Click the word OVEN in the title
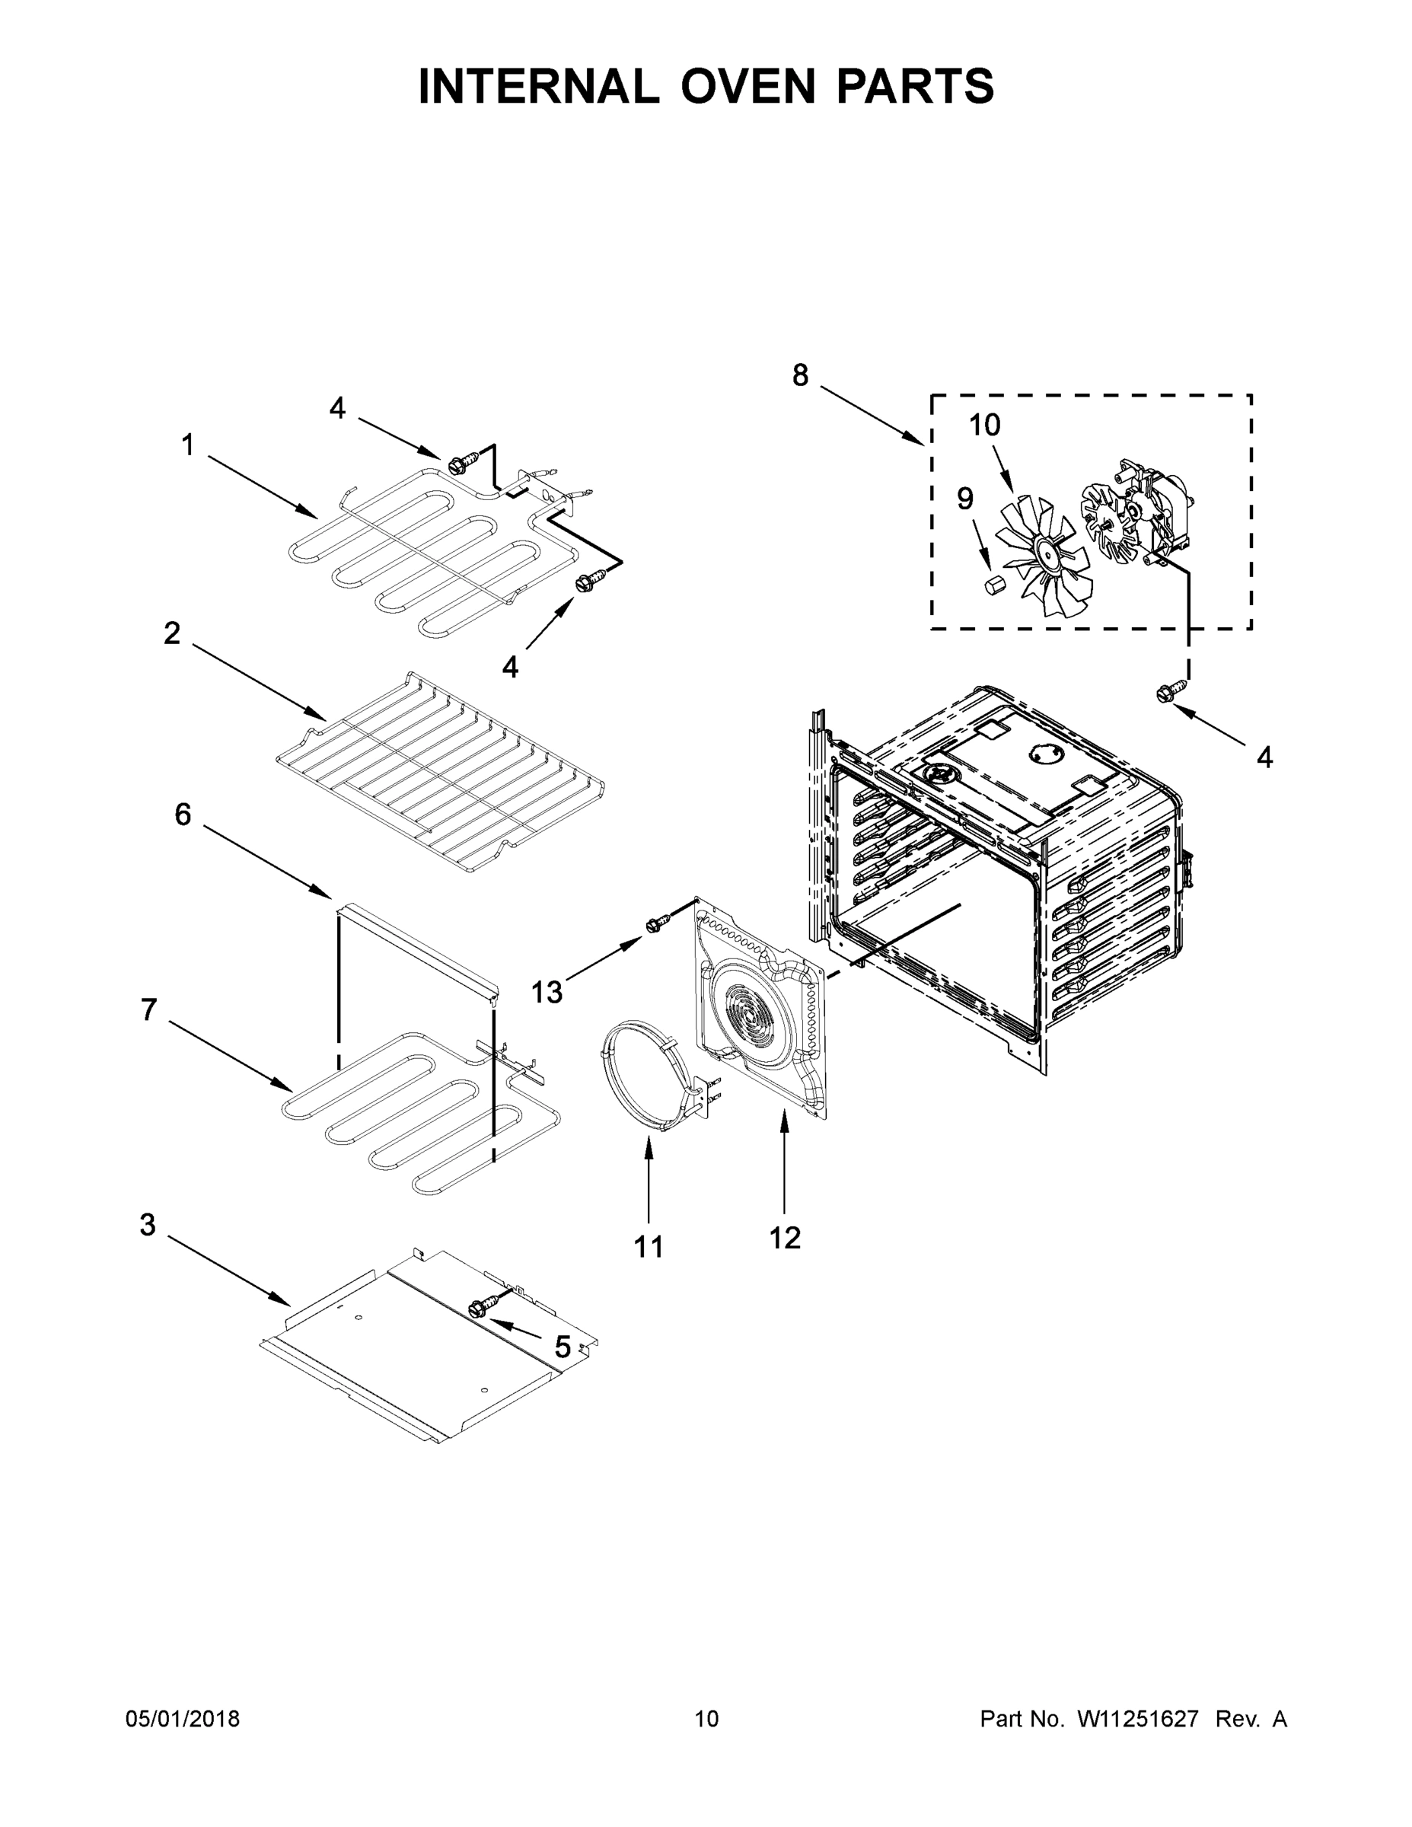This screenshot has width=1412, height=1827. [747, 85]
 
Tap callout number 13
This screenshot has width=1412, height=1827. [547, 992]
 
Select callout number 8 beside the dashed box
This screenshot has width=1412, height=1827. [801, 375]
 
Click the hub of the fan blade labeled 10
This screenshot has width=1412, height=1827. [1045, 550]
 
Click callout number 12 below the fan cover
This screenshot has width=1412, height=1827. [785, 1237]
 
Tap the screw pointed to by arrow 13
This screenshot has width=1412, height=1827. [657, 923]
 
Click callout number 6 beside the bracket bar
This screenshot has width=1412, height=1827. [183, 814]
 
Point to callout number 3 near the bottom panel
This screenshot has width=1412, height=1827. [147, 1226]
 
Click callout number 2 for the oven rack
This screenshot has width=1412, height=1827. [171, 633]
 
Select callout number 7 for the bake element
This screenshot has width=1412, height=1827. [149, 1010]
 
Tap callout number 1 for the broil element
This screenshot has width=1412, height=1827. [187, 445]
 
